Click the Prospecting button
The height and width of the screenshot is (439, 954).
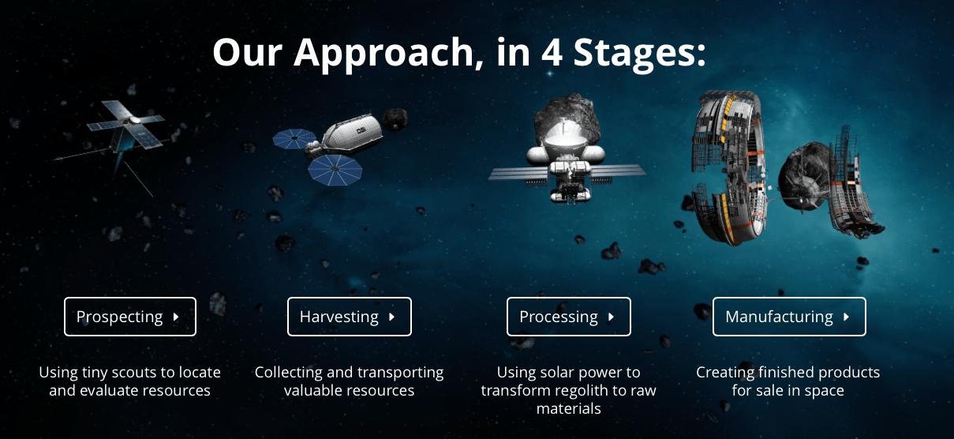(130, 317)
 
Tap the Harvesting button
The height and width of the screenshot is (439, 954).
(350, 317)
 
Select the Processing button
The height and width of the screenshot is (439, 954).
(569, 317)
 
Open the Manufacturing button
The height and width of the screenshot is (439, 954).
(789, 317)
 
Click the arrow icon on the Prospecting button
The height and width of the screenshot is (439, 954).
(176, 317)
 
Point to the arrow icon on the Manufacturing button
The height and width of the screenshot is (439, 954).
(846, 317)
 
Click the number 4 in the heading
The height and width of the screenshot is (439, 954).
(552, 52)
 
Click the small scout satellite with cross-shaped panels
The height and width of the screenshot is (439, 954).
(124, 128)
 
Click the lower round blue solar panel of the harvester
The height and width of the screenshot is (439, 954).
(335, 170)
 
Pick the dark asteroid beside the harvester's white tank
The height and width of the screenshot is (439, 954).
(395, 119)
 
